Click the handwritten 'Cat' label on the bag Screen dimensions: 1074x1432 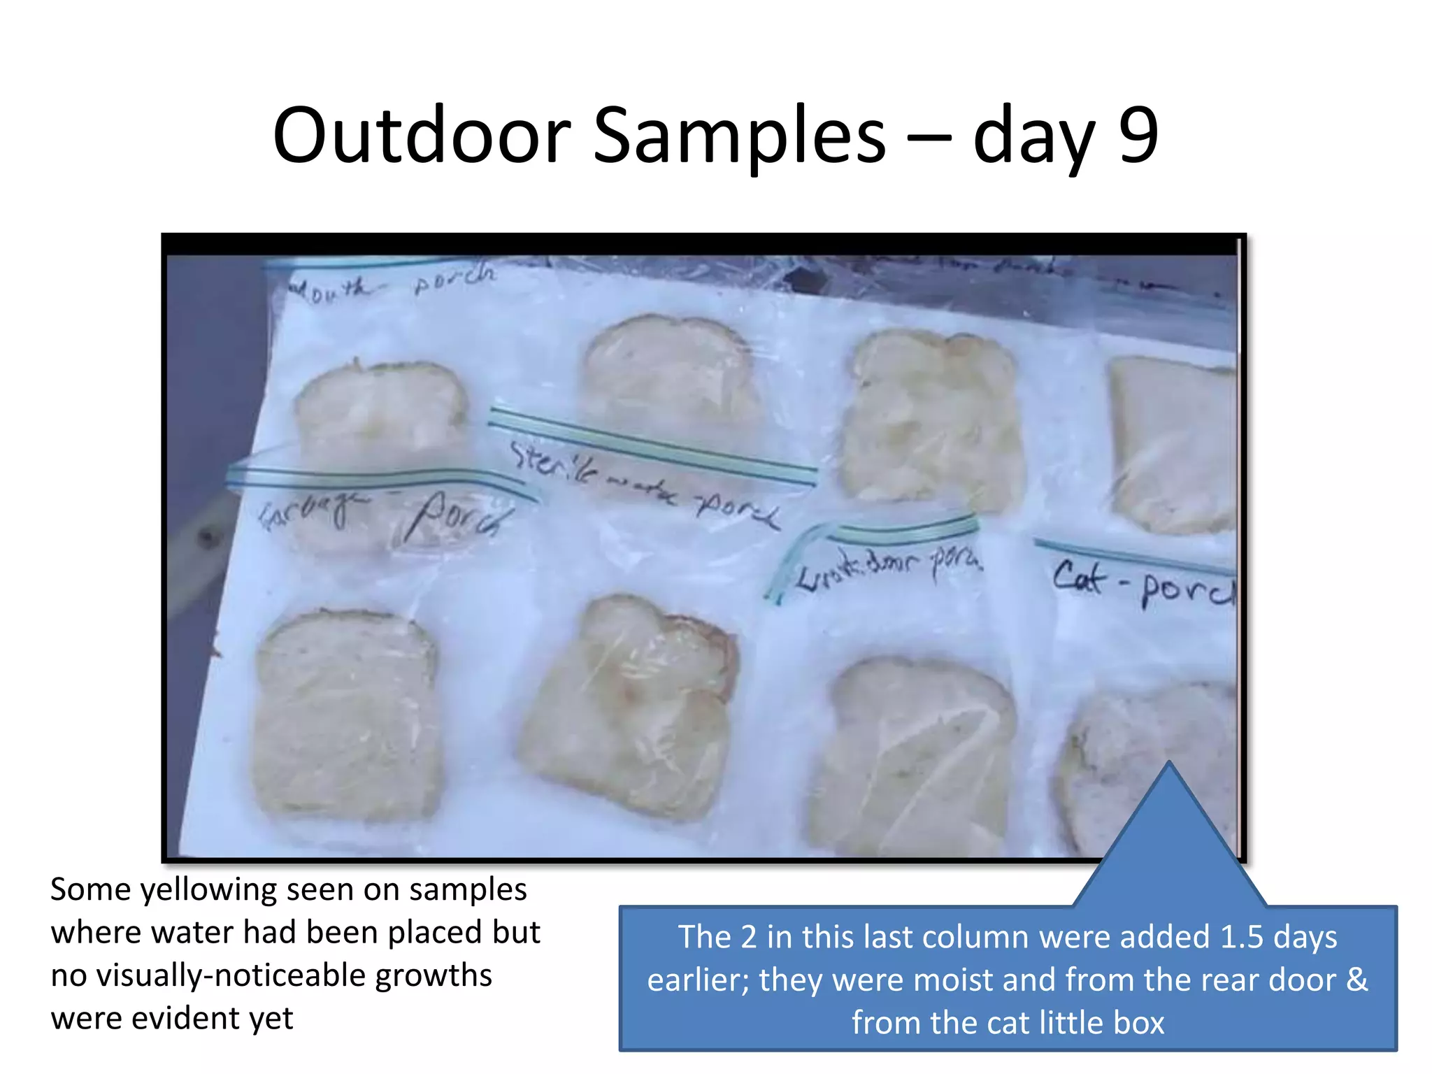tap(1080, 578)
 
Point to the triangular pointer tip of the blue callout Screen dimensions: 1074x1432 tap(1169, 766)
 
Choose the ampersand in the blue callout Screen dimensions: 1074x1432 tap(1357, 980)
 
